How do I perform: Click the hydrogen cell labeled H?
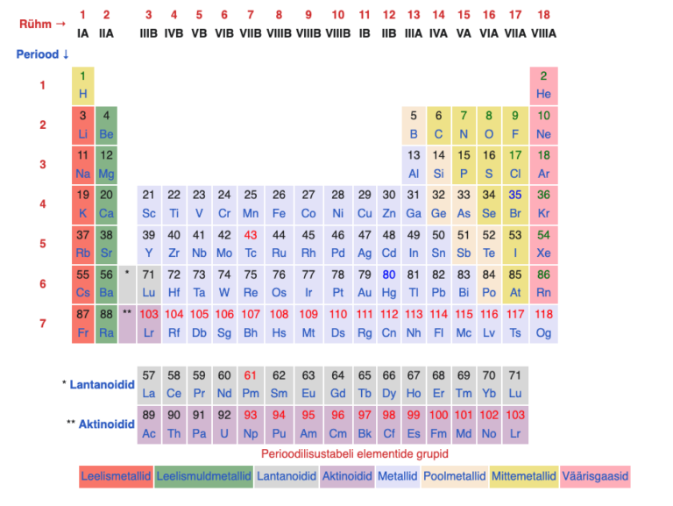83,85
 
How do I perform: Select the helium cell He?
543,85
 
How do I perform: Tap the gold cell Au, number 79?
365,284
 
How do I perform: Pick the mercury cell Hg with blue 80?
389,284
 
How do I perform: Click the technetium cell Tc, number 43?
251,244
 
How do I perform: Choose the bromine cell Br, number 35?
515,204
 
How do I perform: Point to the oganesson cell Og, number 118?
543,324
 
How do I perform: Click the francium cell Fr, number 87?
83,324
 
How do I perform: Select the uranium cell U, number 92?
224,424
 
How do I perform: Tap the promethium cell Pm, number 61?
251,384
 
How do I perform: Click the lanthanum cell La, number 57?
149,384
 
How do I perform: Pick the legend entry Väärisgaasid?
596,476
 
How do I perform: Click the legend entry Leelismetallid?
116,476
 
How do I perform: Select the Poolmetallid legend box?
454,476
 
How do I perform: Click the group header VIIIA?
543,33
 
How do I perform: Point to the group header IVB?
174,33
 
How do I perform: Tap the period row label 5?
42,244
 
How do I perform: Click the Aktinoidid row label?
101,424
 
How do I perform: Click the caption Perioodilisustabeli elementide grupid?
354,453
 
